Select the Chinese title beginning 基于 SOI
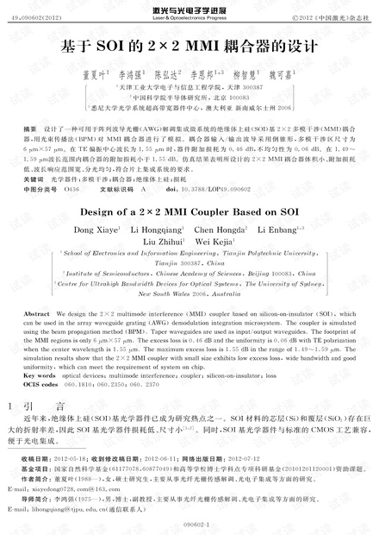[x=189, y=47]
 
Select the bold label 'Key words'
[x=44, y=376]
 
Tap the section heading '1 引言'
[x=43, y=404]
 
